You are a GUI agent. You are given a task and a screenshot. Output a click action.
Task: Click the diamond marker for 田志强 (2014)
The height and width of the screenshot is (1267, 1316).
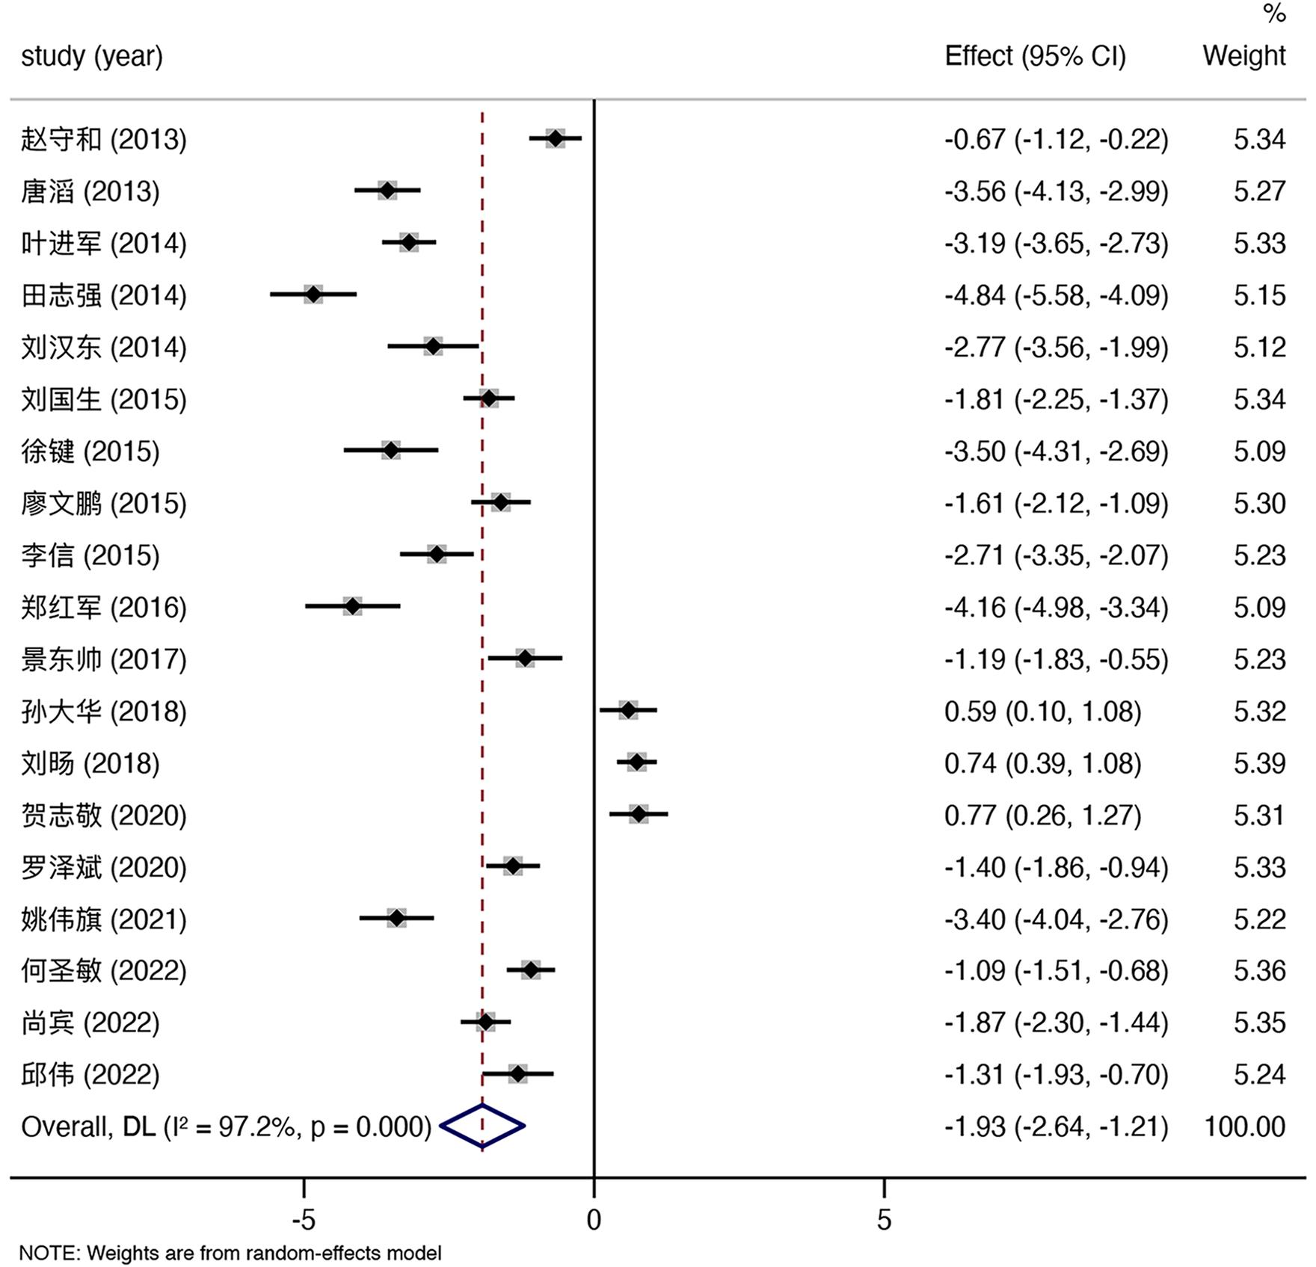[x=313, y=295]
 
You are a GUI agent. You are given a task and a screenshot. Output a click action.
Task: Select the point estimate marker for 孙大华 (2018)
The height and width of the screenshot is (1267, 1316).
[x=628, y=710]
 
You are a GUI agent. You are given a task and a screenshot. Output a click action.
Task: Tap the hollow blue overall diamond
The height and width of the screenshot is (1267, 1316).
[x=482, y=1126]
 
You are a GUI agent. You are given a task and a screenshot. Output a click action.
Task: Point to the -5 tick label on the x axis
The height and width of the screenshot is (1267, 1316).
[x=304, y=1221]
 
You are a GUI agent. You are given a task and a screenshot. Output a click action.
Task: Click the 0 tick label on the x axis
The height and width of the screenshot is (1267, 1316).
[x=594, y=1221]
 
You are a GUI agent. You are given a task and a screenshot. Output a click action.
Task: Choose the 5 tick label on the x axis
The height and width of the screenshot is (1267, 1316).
[x=884, y=1221]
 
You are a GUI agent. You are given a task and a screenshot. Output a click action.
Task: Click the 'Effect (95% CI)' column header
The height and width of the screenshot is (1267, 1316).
[x=1035, y=56]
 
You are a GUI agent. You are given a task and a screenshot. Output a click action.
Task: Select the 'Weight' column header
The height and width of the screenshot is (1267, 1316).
[x=1244, y=56]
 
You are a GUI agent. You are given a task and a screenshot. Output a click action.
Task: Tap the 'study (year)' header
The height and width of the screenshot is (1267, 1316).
[x=92, y=56]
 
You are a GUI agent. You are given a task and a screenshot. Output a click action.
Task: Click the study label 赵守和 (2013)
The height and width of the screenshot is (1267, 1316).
[x=104, y=140]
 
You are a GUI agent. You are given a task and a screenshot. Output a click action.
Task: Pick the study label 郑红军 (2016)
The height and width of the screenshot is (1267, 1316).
[x=104, y=607]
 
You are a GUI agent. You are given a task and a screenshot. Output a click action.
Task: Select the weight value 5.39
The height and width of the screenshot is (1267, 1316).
[x=1260, y=763]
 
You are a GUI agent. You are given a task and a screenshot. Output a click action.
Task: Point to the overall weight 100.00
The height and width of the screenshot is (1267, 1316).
[x=1245, y=1126]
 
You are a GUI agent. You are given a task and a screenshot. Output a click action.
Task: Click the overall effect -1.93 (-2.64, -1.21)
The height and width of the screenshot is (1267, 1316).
[x=1056, y=1126]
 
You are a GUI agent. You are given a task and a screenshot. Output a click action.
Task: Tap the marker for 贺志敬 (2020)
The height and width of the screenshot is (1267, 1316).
[x=639, y=814]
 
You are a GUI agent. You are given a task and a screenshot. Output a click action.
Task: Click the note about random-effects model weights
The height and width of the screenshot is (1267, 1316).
[x=230, y=1253]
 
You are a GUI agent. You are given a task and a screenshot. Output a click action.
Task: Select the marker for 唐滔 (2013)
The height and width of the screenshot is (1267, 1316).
[x=387, y=191]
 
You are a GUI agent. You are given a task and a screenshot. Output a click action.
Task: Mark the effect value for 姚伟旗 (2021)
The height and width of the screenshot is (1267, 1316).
[x=1056, y=919]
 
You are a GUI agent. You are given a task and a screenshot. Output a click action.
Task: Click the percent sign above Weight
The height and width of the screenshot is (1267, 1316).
[x=1274, y=13]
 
